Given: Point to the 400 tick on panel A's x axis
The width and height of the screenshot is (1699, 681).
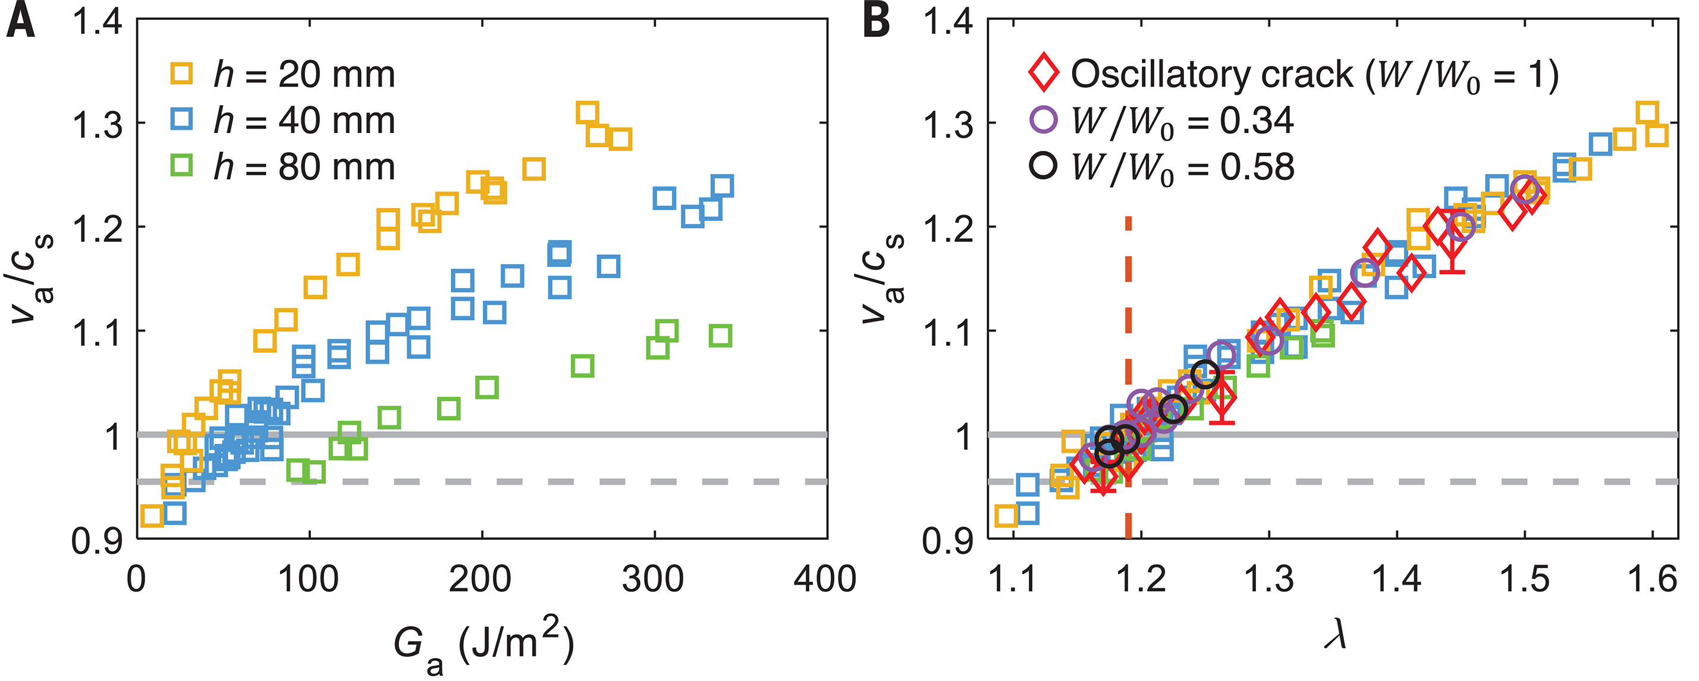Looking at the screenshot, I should pos(824,579).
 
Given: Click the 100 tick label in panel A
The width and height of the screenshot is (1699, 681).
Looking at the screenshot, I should pos(308,579).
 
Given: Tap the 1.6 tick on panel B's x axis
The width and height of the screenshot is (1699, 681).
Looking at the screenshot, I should pos(1653,579).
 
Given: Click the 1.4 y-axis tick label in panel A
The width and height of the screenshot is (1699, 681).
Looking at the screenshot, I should pos(98,23).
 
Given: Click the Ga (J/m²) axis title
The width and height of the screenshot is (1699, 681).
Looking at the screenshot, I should pos(483,646).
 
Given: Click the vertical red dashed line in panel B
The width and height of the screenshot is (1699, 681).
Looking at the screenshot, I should pos(1129,330).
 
